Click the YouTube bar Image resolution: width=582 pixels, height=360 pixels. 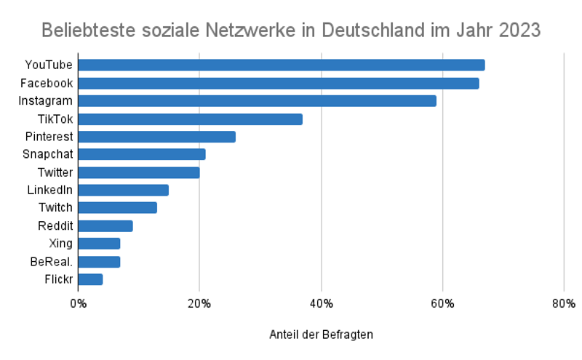[x=281, y=65]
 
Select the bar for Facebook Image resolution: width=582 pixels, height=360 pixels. [x=278, y=83]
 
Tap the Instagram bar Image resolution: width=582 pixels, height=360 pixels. [x=257, y=101]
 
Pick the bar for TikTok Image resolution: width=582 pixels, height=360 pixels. [x=190, y=119]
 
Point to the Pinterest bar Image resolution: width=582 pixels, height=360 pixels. [x=156, y=137]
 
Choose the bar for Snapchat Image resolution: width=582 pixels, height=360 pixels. [x=141, y=154]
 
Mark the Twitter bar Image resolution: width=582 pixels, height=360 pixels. [x=138, y=172]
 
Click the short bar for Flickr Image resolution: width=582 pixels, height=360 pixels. [x=90, y=279]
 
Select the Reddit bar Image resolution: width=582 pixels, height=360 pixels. [x=105, y=226]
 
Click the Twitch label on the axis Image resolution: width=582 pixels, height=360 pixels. [x=55, y=208]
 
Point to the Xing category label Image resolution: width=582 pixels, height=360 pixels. [x=60, y=244]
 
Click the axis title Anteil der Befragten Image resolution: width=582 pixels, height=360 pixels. [x=321, y=335]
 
